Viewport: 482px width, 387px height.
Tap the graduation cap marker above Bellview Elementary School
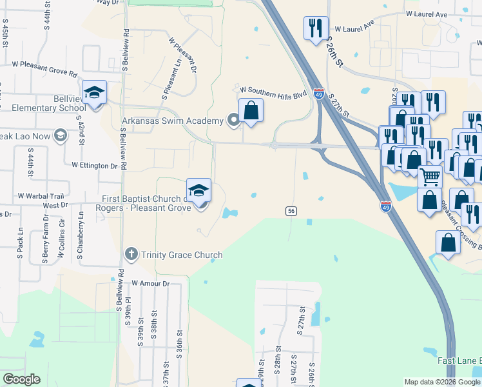click(x=94, y=93)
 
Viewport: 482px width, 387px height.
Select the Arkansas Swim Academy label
click(x=173, y=120)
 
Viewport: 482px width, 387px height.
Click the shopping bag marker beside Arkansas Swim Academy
click(x=251, y=110)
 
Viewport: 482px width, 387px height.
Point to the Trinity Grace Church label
click(x=182, y=255)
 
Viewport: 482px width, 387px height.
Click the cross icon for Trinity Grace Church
click(x=131, y=253)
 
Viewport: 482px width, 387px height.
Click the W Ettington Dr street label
click(x=95, y=165)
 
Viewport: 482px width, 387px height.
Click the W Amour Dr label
click(x=150, y=283)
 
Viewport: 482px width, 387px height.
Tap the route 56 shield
click(x=291, y=211)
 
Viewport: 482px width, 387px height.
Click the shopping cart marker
click(x=430, y=176)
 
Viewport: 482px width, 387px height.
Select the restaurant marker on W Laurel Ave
click(x=315, y=28)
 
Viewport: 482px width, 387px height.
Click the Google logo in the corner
click(x=22, y=379)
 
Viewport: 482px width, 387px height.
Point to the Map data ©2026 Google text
click(x=442, y=382)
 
